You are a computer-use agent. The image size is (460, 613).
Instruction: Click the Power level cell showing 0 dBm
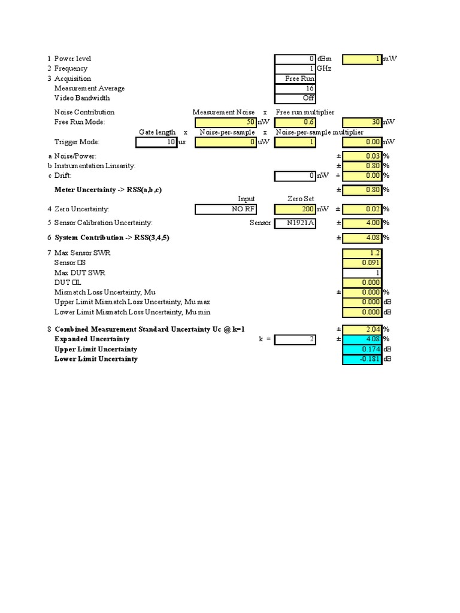[295, 59]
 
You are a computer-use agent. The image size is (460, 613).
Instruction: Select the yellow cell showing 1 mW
[362, 59]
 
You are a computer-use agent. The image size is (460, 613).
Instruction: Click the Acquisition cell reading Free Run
[295, 78]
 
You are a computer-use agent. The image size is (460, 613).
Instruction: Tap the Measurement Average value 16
[295, 89]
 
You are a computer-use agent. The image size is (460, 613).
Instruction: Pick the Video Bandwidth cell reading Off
[295, 98]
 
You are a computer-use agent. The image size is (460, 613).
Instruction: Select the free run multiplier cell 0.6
[295, 122]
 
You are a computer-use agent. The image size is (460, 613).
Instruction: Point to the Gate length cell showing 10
[156, 142]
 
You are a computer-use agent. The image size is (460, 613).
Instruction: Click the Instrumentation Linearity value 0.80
[362, 166]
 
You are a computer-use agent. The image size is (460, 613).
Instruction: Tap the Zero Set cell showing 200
[295, 209]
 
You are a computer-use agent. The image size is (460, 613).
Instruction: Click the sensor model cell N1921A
[295, 223]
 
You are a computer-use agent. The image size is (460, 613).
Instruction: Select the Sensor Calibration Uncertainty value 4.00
[362, 223]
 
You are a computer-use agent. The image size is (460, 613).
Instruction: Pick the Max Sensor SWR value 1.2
[362, 253]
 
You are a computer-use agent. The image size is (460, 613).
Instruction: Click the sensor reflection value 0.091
[362, 263]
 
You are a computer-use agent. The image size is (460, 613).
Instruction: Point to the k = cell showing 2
[295, 339]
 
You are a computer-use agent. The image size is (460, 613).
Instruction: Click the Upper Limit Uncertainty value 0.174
[362, 349]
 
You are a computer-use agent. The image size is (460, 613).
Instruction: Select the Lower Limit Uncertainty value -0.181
[362, 359]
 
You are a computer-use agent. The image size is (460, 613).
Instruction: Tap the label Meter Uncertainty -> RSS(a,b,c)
[108, 190]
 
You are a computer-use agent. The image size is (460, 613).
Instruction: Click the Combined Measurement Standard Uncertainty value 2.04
[362, 329]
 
